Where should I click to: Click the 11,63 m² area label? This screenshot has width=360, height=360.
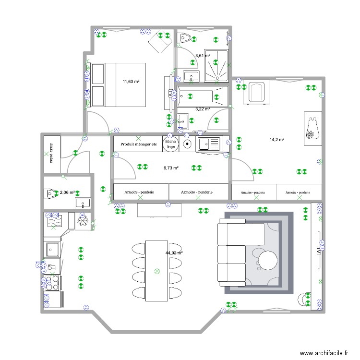pos(131,82)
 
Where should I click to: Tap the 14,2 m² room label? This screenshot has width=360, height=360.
pos(277,140)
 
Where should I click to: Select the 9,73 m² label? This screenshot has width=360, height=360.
pos(171,168)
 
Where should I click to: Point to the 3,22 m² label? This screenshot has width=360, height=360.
pos(202,109)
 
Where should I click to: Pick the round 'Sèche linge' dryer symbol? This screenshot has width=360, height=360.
pos(170,144)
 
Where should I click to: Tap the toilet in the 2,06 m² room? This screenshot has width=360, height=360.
pos(51,193)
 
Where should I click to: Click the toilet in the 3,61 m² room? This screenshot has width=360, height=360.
pos(185,38)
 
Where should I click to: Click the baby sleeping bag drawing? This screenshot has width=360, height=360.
pos(313,128)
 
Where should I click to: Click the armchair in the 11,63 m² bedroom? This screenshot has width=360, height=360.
pos(159,42)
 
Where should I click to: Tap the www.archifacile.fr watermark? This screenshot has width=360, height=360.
pos(324,353)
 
